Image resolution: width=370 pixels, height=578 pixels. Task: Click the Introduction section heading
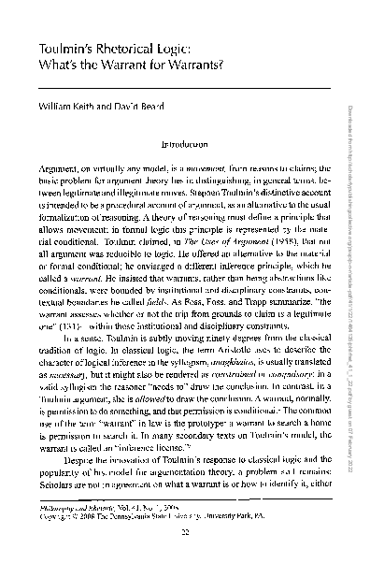(x=186, y=146)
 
